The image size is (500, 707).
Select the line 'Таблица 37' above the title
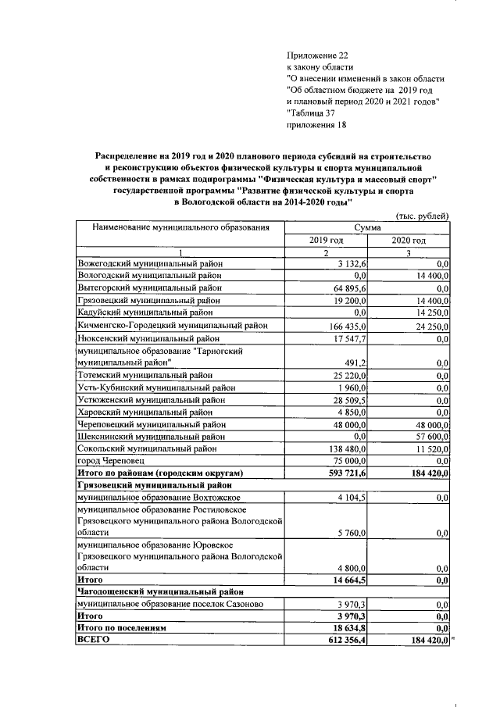pos(317,112)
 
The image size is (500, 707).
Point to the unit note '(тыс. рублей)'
pos(423,216)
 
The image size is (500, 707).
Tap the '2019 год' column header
pos(326,240)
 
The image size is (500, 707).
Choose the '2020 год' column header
pos(409,240)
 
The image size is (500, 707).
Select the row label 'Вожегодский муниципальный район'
pos(150,264)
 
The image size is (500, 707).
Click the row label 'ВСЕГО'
pos(92,640)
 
